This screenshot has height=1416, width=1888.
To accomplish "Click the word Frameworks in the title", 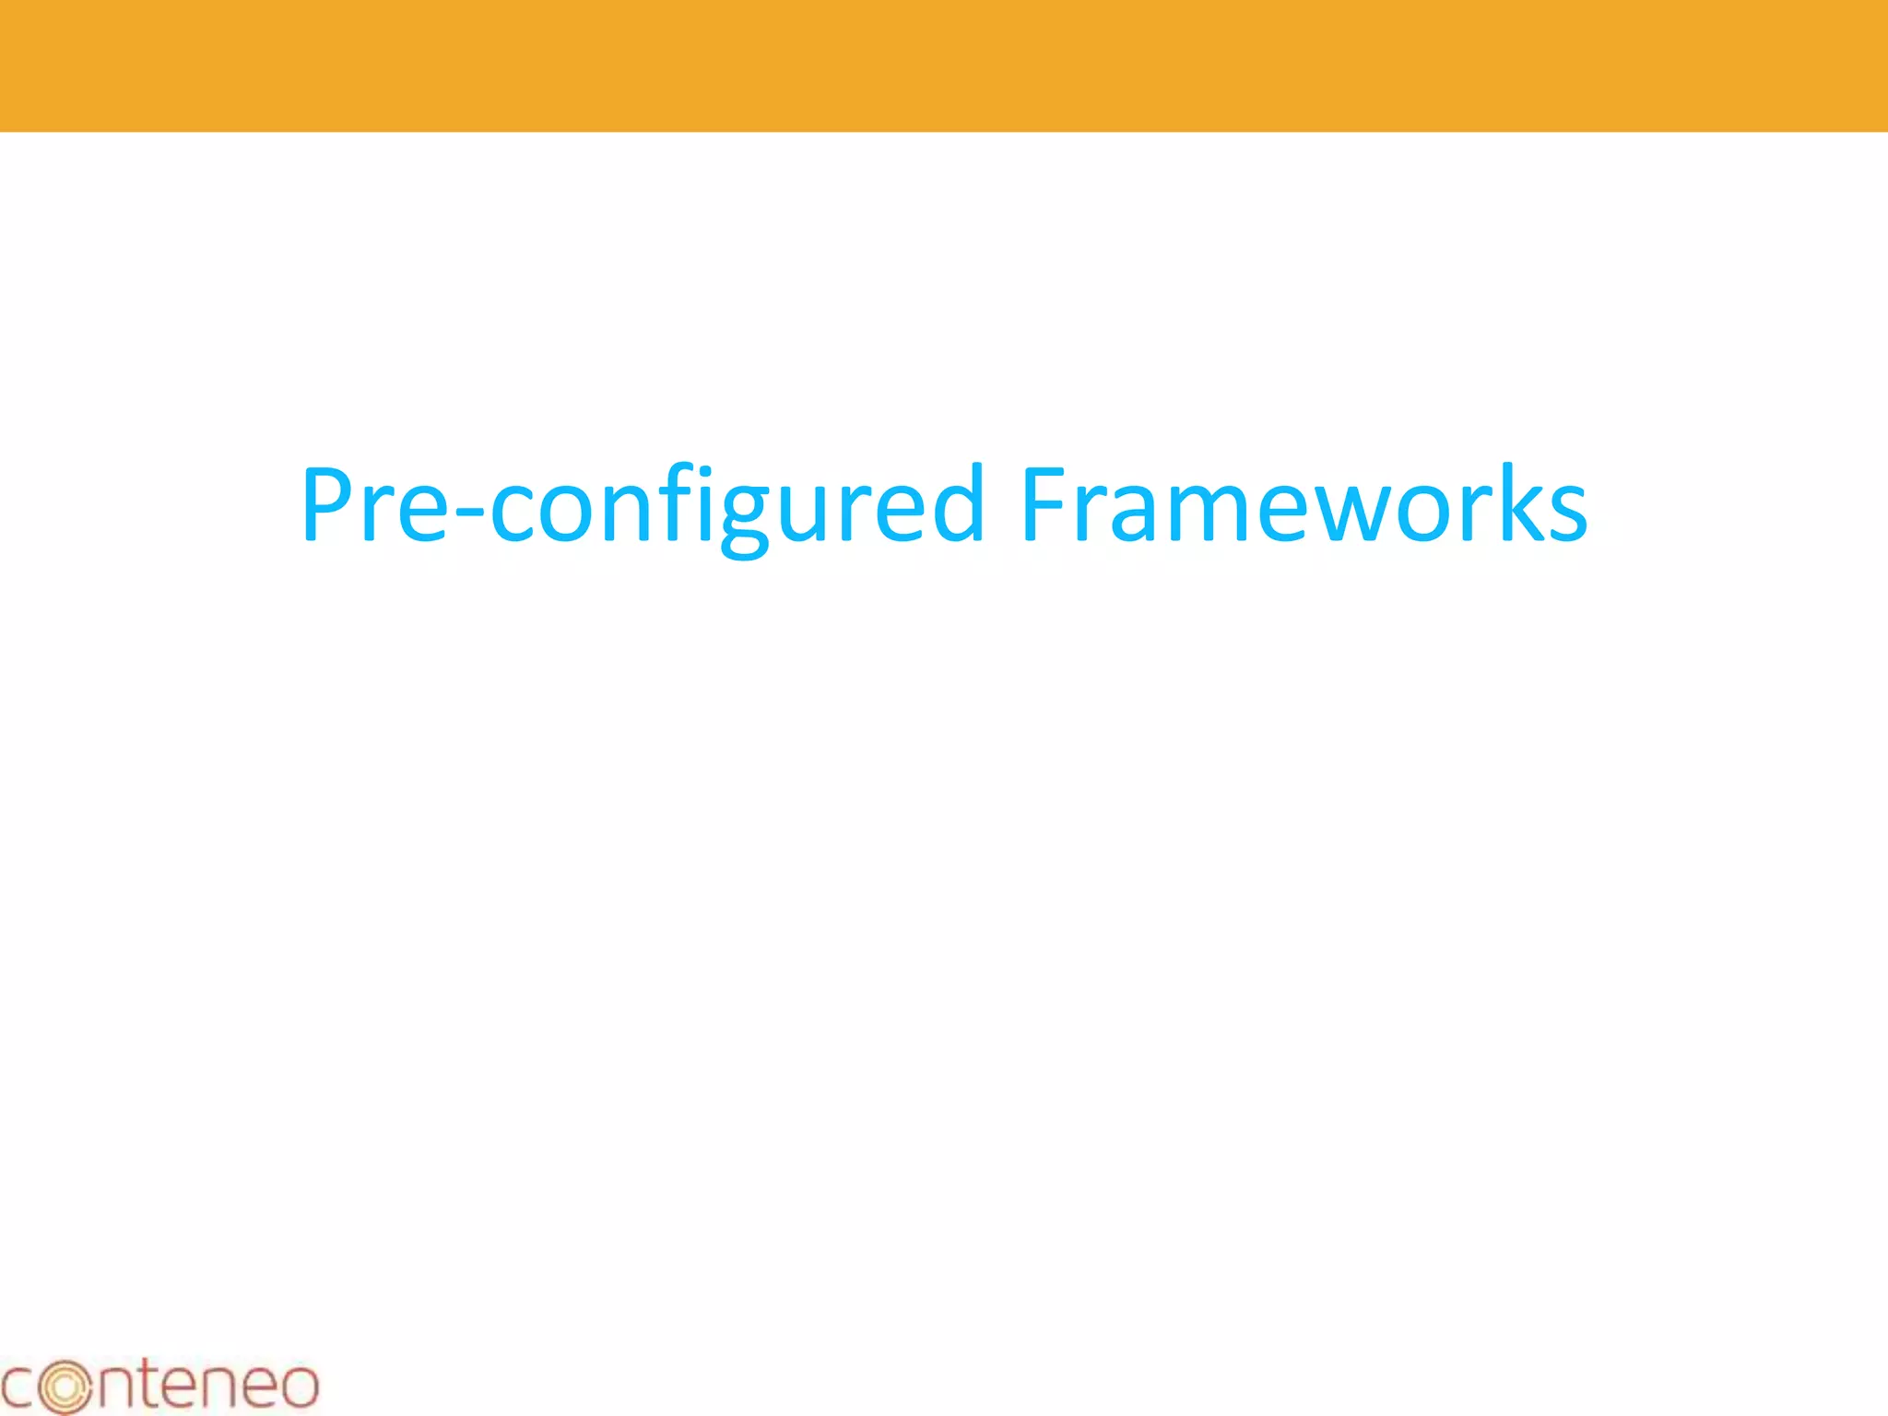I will [1304, 505].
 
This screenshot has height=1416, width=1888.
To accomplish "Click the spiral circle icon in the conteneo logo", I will [65, 1385].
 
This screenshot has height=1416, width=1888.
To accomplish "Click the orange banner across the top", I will [944, 65].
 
